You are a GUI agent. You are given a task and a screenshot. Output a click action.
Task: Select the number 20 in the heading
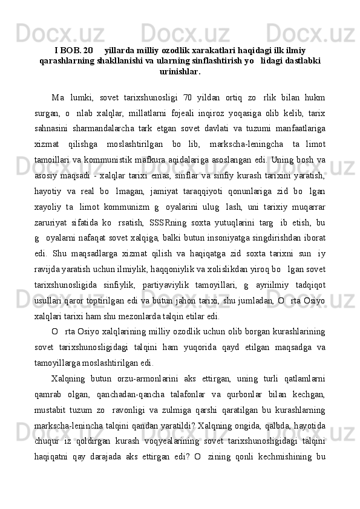tap(90, 50)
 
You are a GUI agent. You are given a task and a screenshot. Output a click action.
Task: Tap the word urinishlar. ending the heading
tap(180, 71)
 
